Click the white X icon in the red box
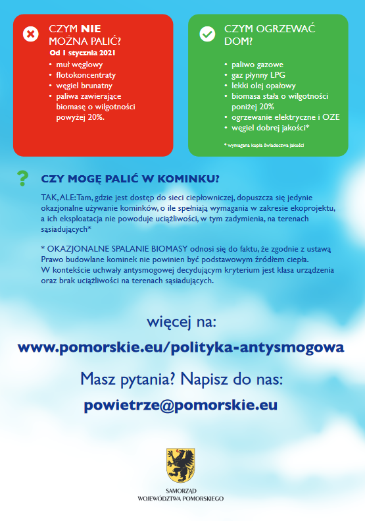[31, 34]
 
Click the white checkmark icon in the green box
[207, 34]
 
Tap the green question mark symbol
[23, 178]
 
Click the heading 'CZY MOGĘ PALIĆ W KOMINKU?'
[130, 179]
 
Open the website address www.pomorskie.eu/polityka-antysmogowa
[181, 347]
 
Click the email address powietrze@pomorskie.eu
[181, 405]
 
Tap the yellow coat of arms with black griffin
[180, 465]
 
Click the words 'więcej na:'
[182, 322]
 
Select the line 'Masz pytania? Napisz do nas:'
[182, 379]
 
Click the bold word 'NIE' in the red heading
[91, 29]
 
